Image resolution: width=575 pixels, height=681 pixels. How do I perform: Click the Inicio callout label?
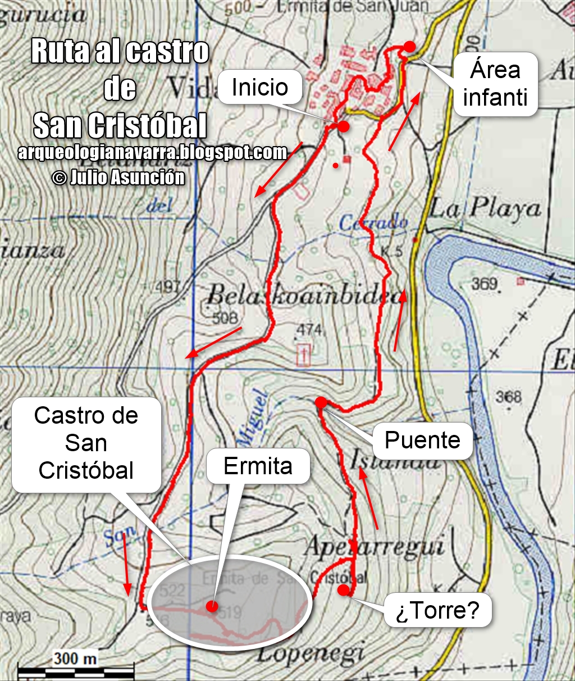pyautogui.click(x=259, y=87)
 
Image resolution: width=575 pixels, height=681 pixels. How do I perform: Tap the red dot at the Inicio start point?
pyautogui.click(x=344, y=126)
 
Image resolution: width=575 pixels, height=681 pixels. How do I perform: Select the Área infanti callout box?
pyautogui.click(x=495, y=84)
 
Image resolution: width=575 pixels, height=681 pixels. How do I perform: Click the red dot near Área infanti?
pyautogui.click(x=410, y=47)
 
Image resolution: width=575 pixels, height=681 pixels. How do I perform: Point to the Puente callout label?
pyautogui.click(x=422, y=440)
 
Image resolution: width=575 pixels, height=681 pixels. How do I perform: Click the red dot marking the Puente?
pyautogui.click(x=321, y=402)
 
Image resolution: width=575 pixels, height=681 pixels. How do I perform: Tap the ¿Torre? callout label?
pyautogui.click(x=437, y=610)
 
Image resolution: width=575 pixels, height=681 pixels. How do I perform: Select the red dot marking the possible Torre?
pyautogui.click(x=343, y=589)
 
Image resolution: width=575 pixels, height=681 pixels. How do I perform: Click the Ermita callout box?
pyautogui.click(x=258, y=466)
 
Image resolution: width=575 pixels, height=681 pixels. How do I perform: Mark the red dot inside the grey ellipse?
pyautogui.click(x=212, y=606)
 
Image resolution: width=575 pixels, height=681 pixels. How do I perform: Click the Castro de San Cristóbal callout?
pyautogui.click(x=86, y=443)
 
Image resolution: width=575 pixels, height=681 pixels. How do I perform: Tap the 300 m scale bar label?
pyautogui.click(x=75, y=657)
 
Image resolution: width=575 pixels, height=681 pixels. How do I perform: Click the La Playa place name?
pyautogui.click(x=486, y=209)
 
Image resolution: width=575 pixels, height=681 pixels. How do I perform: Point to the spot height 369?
pyautogui.click(x=484, y=283)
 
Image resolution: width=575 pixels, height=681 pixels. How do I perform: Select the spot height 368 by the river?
pyautogui.click(x=508, y=397)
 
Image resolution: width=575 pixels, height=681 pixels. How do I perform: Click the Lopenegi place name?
pyautogui.click(x=312, y=653)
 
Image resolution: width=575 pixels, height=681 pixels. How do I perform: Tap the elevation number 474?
pyautogui.click(x=309, y=329)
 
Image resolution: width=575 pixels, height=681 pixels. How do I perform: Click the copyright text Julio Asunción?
pyautogui.click(x=118, y=178)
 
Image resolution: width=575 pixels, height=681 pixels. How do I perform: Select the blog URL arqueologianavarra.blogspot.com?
pyautogui.click(x=152, y=152)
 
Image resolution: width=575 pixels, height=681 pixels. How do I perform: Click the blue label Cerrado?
pyautogui.click(x=373, y=223)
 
